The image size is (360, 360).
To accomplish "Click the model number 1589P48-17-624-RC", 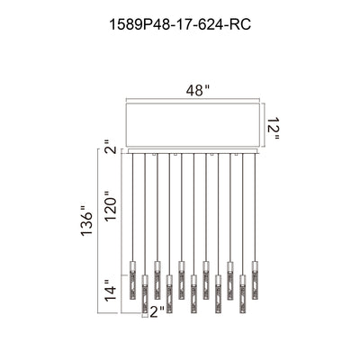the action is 180,24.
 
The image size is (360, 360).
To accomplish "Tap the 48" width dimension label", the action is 198,90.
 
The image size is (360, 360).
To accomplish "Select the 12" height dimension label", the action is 273,128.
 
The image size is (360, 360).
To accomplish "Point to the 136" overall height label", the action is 87,220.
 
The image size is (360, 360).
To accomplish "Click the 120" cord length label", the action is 111,205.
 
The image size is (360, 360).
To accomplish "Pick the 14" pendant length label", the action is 110,290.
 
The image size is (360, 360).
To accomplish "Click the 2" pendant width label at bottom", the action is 157,312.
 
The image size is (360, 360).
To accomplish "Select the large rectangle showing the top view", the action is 193,125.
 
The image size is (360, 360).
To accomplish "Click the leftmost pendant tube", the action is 132,280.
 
